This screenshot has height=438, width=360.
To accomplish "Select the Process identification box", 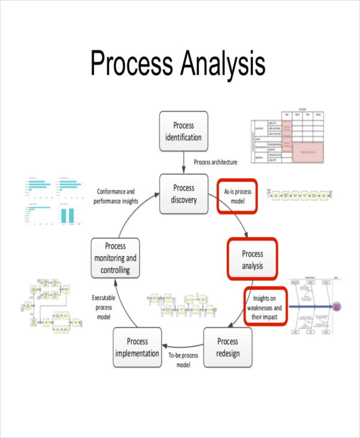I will pyautogui.click(x=184, y=131).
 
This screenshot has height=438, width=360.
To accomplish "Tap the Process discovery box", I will pyautogui.click(x=184, y=194).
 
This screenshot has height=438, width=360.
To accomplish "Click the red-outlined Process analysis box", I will pyautogui.click(x=252, y=259).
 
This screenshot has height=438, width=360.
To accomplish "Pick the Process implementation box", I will pyautogui.click(x=137, y=348).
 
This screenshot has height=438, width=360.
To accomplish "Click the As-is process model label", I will pyautogui.click(x=237, y=196).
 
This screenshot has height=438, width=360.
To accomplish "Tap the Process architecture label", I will pyautogui.click(x=215, y=162).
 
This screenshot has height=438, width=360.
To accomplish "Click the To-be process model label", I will pyautogui.click(x=184, y=360).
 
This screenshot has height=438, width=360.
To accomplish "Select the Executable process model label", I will pyautogui.click(x=104, y=307).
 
